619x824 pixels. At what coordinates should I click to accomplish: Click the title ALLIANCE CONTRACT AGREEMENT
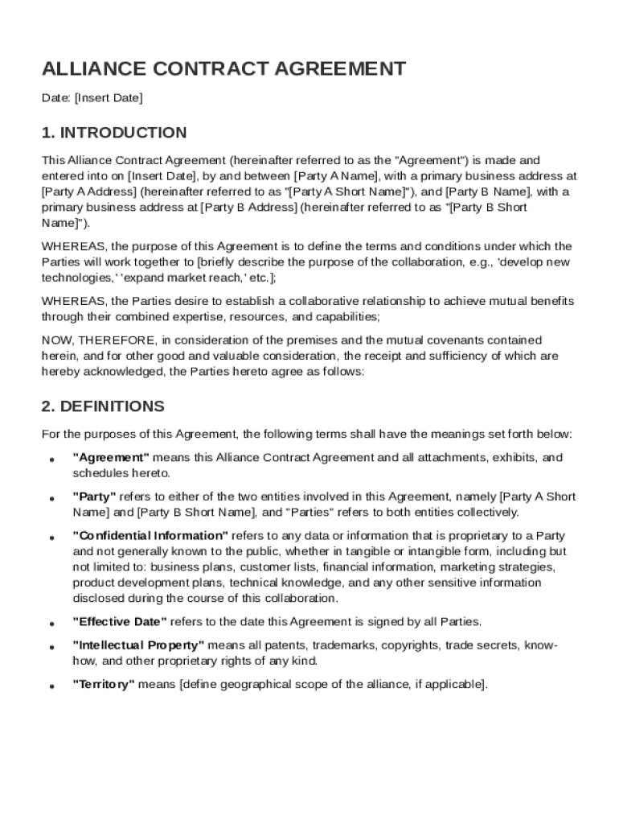(223, 69)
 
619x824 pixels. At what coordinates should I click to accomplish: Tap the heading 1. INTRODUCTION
(114, 133)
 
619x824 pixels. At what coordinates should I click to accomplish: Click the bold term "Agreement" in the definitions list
(111, 458)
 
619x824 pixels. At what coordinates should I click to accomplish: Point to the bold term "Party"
(95, 496)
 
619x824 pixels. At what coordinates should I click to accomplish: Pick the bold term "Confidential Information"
(150, 536)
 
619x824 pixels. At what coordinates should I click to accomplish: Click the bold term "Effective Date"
(120, 622)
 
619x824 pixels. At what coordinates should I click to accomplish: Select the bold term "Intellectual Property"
(138, 645)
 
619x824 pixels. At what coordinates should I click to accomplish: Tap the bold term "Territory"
(104, 685)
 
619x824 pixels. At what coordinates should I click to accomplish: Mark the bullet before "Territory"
(51, 687)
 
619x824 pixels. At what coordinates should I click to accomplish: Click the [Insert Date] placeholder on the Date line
(109, 98)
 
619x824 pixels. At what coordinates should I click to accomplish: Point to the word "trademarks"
(343, 645)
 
